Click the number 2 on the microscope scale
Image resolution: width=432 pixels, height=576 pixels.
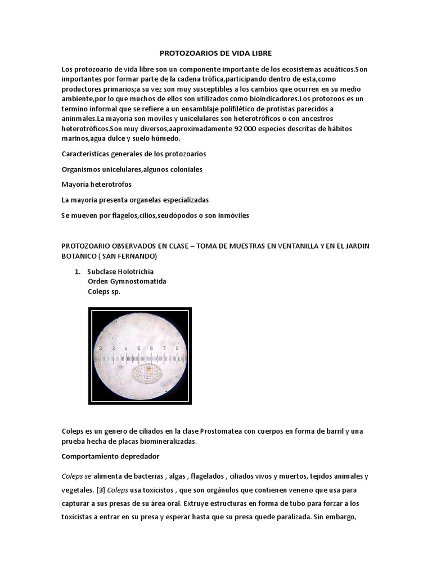coord(101,349)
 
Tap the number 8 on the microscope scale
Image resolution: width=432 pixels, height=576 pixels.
coord(177,349)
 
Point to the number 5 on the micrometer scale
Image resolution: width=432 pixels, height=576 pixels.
coord(139,349)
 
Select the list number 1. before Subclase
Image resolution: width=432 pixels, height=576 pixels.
coord(78,272)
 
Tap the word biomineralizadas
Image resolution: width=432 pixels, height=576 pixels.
coord(161,442)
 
